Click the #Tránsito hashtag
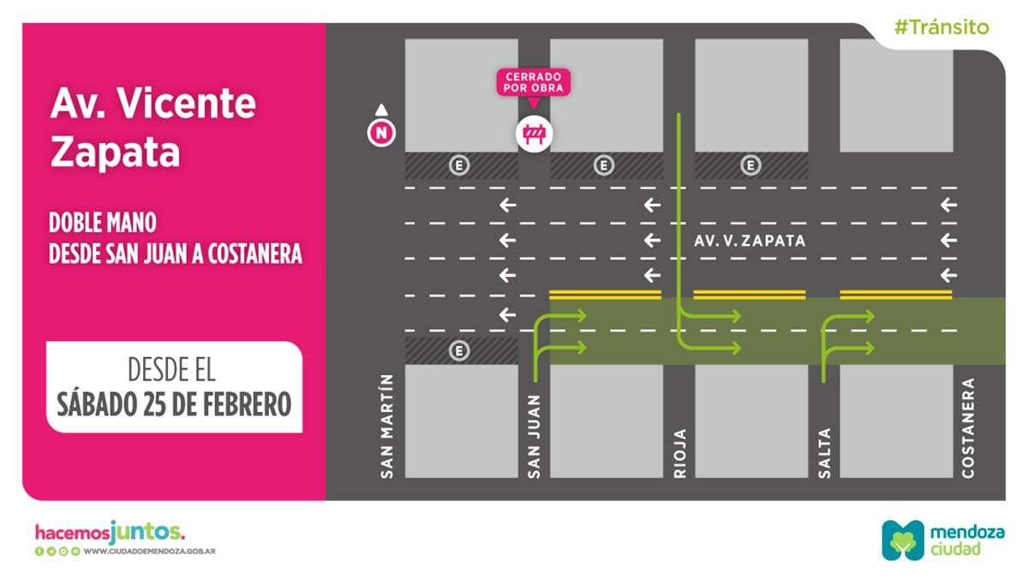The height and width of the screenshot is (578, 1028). click(941, 27)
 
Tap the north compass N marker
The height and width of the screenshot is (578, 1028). click(380, 133)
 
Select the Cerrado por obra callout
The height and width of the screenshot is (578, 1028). click(533, 82)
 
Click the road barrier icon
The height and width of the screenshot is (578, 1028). click(535, 134)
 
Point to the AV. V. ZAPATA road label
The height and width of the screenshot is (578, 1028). click(750, 241)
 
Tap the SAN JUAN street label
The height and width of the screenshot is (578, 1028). click(534, 435)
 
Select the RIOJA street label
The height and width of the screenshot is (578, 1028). click(680, 451)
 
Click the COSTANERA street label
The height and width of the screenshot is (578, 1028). click(968, 426)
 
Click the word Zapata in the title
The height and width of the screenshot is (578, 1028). click(115, 152)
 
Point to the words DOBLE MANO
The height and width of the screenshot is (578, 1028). click(103, 223)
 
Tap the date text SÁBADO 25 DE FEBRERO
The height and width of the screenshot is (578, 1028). click(174, 403)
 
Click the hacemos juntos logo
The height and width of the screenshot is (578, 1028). click(109, 532)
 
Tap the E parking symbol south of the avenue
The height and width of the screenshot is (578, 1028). click(460, 350)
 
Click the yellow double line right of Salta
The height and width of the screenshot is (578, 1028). click(896, 295)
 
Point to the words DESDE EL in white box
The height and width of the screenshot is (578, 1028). click(171, 371)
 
